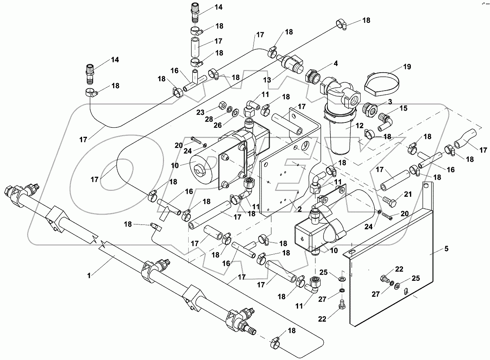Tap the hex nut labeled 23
[x=224, y=105]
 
